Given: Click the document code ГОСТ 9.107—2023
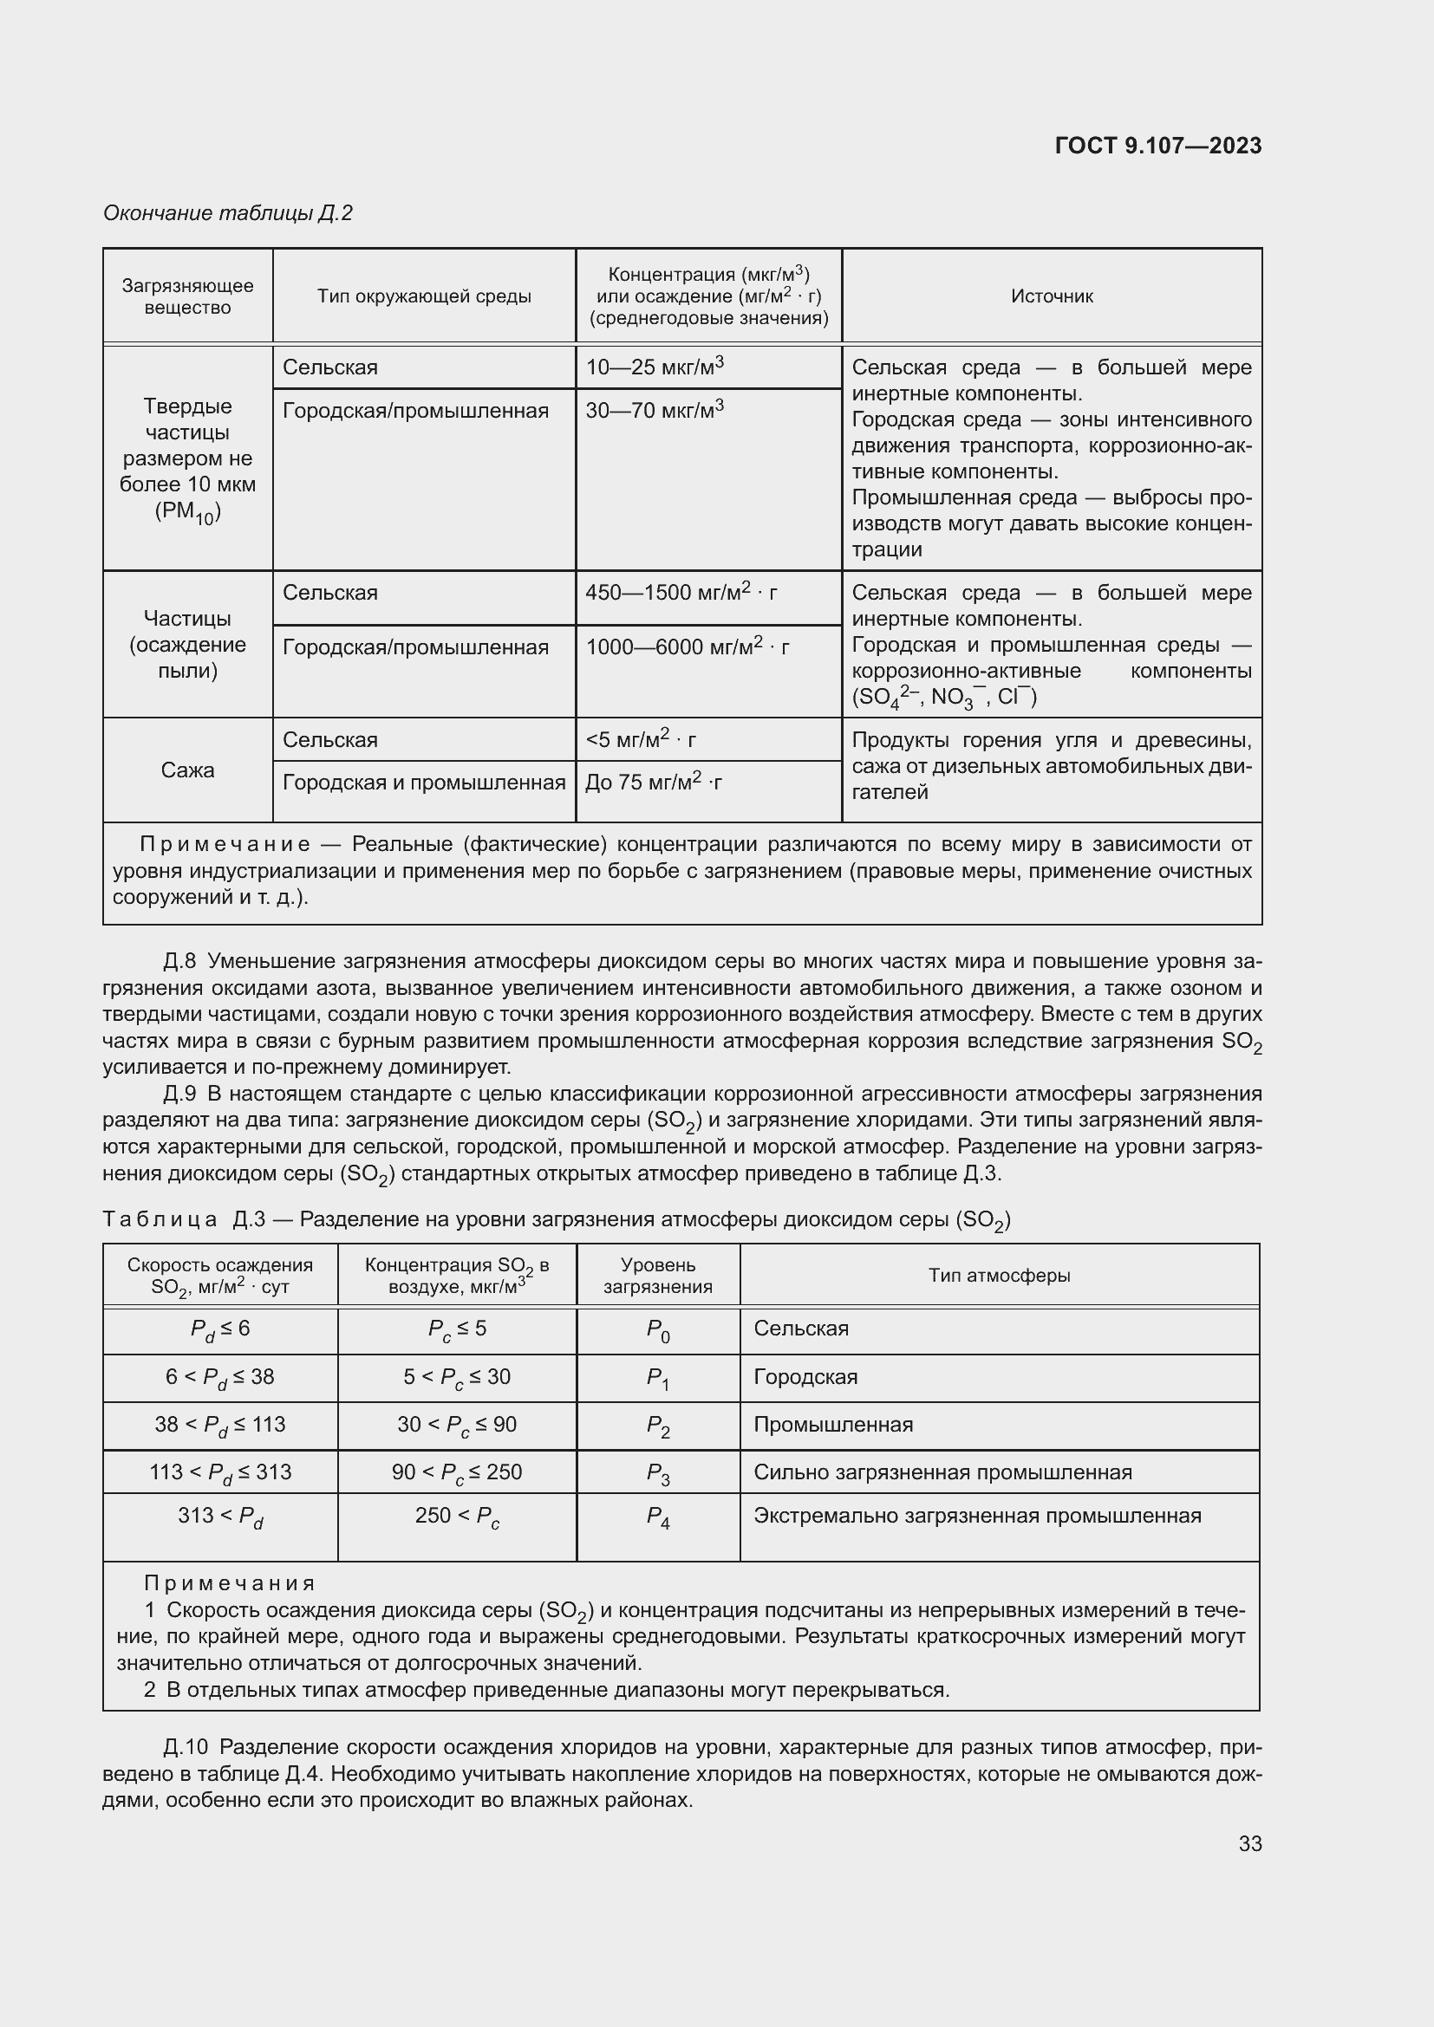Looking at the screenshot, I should click(1157, 146).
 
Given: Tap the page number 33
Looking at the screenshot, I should click(1249, 1843).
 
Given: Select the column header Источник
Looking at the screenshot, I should click(1051, 296).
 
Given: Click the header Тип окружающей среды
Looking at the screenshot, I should click(424, 296).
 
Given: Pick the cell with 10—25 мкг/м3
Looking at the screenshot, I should click(655, 367).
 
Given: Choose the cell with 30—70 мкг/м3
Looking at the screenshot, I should click(655, 411).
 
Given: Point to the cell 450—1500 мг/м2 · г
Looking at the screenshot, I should click(681, 593).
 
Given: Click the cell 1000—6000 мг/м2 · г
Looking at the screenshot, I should click(687, 647).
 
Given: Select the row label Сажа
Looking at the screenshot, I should click(187, 770).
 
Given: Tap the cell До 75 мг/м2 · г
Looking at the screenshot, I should click(654, 783).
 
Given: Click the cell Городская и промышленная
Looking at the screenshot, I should click(424, 783).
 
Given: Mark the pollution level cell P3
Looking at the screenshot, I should click(658, 1472).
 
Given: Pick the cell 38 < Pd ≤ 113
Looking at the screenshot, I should click(220, 1425).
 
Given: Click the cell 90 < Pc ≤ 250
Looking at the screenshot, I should click(457, 1472).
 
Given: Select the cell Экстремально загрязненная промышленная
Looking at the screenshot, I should click(976, 1516).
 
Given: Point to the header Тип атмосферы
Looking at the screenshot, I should click(999, 1275).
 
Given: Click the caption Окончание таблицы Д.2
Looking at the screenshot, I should click(228, 213).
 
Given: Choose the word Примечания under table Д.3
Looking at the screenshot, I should click(230, 1583).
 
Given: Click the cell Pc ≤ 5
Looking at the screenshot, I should click(457, 1329).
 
